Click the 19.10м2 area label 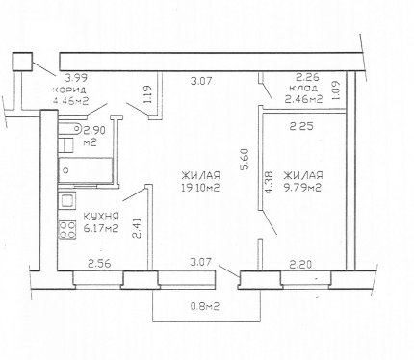click(200, 188)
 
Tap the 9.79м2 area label click(302, 187)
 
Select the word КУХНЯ click(101, 216)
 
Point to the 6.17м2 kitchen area click(101, 228)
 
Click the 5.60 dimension click(246, 159)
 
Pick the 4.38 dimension click(269, 182)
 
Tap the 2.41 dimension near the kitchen click(137, 228)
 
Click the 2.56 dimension click(100, 264)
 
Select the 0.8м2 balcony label click(205, 306)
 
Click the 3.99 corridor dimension click(76, 78)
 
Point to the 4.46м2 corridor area click(70, 101)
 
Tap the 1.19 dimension click(147, 94)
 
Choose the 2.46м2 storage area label click(303, 99)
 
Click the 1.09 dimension click(336, 90)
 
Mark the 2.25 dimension click(301, 126)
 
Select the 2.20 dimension click(300, 265)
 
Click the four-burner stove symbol click(67, 230)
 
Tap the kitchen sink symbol click(67, 201)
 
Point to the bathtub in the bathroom click(86, 170)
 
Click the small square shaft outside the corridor click(22, 62)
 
